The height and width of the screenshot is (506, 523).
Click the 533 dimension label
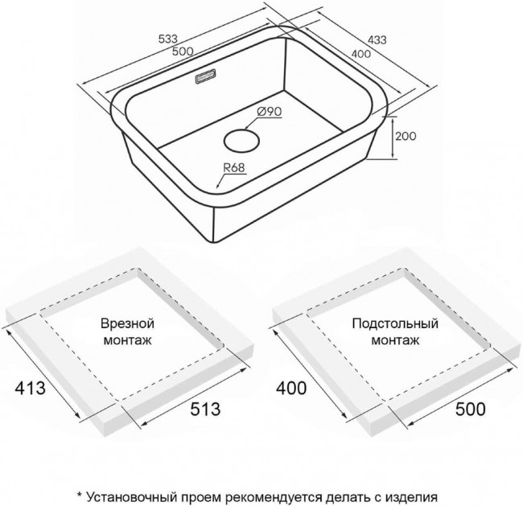168,39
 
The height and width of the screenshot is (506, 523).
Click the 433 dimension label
377,40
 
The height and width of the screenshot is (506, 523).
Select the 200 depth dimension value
406,136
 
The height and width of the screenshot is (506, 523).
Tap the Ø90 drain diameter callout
270,112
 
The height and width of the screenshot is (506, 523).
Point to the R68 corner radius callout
234,168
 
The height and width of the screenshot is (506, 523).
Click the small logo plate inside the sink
206,76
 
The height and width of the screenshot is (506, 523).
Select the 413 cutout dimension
31,388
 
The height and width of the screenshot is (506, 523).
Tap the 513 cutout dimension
205,409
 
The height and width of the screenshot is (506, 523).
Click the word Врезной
127,324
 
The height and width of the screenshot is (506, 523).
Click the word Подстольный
395,324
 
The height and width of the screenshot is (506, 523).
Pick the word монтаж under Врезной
128,340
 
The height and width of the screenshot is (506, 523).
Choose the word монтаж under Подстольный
396,340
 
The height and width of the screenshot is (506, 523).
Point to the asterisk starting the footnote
80,495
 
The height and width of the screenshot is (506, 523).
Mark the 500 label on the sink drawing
183,51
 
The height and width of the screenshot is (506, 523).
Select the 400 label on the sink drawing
360,53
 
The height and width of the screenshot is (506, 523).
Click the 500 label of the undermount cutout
471,409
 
